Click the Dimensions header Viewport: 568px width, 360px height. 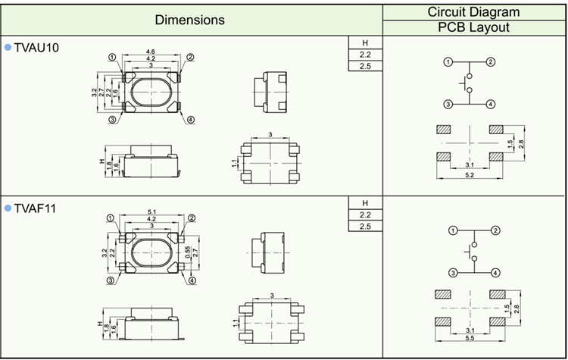point(190,20)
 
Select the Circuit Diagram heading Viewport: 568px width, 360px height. point(474,11)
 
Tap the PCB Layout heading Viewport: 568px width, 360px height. point(474,28)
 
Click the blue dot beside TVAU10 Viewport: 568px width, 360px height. point(8,48)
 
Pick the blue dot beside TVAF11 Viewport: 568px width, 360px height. point(8,207)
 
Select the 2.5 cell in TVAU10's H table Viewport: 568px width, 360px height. point(365,67)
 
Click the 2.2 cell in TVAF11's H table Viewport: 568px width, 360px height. point(365,215)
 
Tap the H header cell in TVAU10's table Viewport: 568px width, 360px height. point(365,42)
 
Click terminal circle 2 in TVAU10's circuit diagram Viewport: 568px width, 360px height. point(491,62)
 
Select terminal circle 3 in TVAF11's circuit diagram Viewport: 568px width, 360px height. point(452,273)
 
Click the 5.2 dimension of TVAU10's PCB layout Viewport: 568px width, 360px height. point(470,175)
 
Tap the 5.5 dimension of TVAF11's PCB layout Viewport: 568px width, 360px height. point(470,337)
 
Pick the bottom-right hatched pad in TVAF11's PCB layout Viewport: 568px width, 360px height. point(497,321)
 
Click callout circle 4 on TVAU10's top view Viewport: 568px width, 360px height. point(190,120)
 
